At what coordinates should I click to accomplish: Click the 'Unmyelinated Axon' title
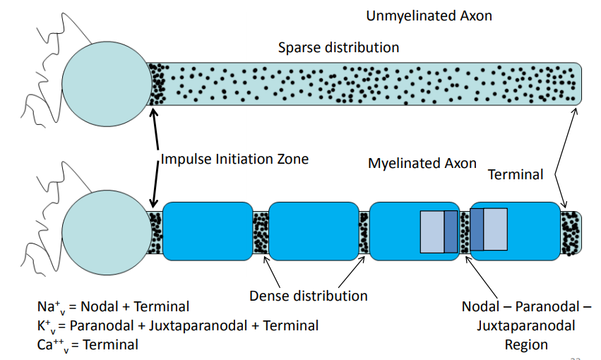429,16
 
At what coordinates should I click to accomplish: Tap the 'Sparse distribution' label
338,47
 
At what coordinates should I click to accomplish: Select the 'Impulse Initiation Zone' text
234,159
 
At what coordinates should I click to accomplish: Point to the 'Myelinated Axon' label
422,164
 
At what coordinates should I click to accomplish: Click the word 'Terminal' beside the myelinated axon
516,174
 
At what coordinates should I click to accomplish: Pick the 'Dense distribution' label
308,296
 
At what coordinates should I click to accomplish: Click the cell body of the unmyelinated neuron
107,84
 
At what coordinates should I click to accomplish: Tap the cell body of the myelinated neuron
107,232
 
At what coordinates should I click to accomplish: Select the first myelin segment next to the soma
208,232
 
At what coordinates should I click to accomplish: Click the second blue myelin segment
314,232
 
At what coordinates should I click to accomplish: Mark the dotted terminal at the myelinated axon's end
571,233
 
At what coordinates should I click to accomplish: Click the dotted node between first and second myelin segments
261,232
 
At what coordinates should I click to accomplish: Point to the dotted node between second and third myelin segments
364,232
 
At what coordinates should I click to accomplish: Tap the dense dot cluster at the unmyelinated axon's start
157,84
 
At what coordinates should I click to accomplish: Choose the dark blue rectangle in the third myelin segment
451,232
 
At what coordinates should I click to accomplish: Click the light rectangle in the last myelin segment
495,229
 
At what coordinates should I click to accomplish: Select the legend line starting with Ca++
88,344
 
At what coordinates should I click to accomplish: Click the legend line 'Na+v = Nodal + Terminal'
113,307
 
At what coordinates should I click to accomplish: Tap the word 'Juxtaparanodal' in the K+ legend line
198,326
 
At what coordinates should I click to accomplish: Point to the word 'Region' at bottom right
526,345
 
